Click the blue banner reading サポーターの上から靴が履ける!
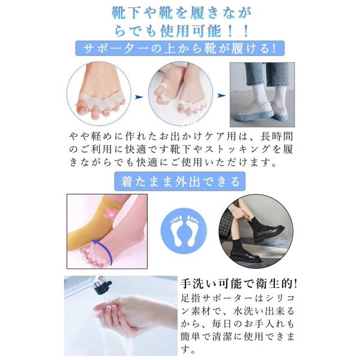pyautogui.click(x=180, y=48)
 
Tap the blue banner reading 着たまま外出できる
pyautogui.click(x=180, y=181)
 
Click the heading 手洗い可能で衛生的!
pyautogui.click(x=239, y=284)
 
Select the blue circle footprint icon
pyautogui.click(x=184, y=231)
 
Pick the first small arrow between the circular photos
pyautogui.click(x=139, y=97)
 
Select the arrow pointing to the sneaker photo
pyautogui.click(x=221, y=95)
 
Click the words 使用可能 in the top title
pyautogui.click(x=191, y=31)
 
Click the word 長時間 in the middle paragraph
pyautogui.click(x=277, y=136)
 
